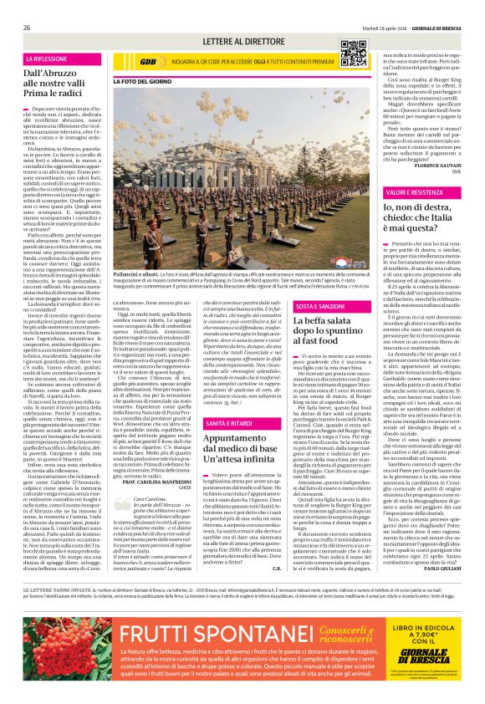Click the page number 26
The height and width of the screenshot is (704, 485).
28,28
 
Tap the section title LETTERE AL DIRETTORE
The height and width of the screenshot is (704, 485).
242,41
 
